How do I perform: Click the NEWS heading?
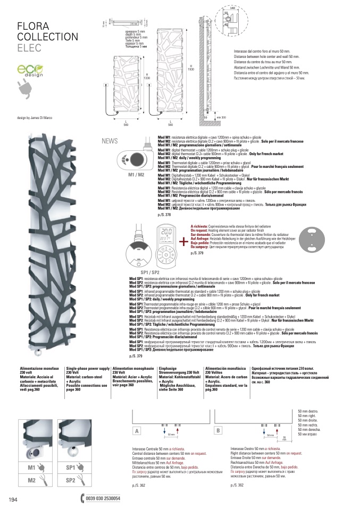tap(110, 141)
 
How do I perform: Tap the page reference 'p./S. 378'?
tap(165, 215)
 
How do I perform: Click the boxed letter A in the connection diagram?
tap(137, 430)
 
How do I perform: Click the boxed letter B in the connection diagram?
tap(217, 430)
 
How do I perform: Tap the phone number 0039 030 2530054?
tap(103, 498)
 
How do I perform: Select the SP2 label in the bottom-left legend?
tap(71, 480)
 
